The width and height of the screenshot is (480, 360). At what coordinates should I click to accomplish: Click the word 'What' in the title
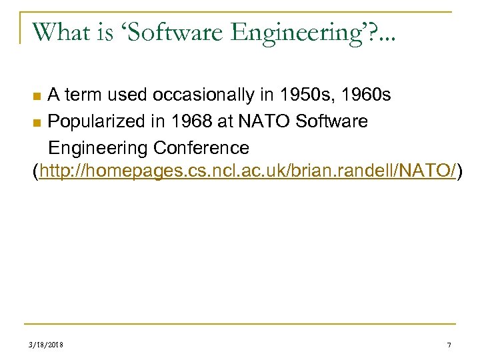point(59,32)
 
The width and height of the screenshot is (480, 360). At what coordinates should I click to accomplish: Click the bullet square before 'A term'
point(39,97)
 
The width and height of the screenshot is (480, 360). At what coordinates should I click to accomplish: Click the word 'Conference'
point(201,147)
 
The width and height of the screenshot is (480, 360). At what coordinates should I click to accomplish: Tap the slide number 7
point(449,345)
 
